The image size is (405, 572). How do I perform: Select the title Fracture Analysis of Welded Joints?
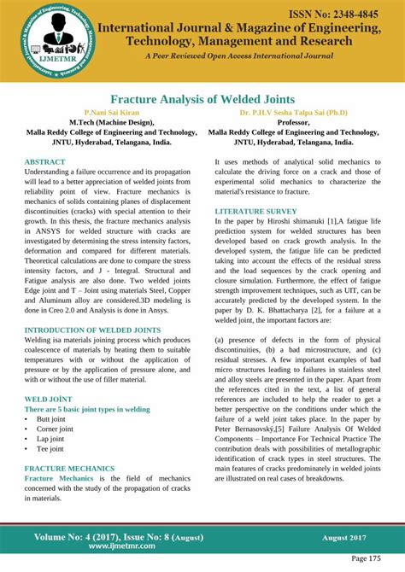(202, 99)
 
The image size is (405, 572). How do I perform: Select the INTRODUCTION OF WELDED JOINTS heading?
(93, 330)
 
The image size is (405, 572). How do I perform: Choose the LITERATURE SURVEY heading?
(255, 210)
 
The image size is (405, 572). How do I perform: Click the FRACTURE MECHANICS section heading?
(69, 469)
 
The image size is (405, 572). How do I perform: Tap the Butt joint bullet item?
(50, 419)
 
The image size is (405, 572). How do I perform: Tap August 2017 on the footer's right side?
(344, 538)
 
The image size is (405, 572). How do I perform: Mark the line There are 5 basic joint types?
(87, 409)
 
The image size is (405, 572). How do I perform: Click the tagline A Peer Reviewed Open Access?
(239, 56)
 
